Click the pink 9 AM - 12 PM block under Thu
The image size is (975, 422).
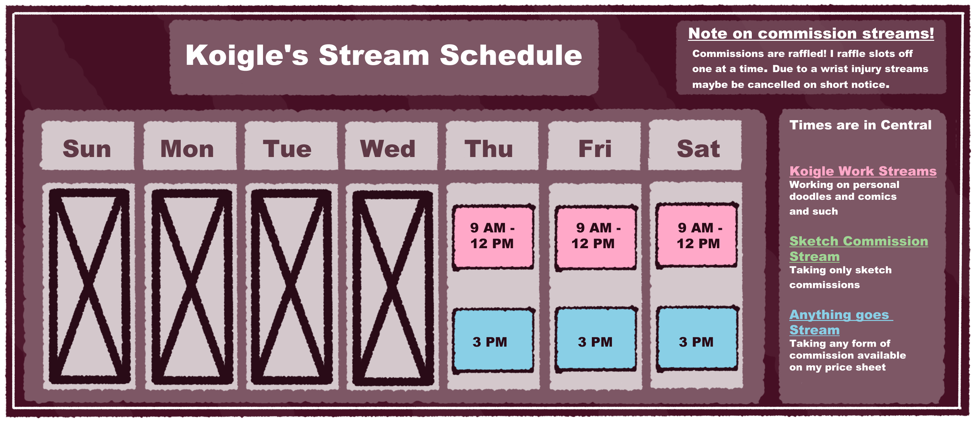(x=493, y=237)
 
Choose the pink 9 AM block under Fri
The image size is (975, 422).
(x=596, y=238)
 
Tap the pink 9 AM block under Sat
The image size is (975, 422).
(x=697, y=235)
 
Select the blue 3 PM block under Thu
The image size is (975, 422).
(x=493, y=341)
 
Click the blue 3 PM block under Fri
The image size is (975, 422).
(x=596, y=339)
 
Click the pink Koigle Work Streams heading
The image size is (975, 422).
(x=862, y=171)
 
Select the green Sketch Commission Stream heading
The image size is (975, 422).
(x=858, y=249)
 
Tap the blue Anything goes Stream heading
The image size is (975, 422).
(x=841, y=322)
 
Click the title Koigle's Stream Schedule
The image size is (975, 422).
(x=383, y=55)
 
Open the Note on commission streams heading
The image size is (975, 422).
(x=811, y=33)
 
